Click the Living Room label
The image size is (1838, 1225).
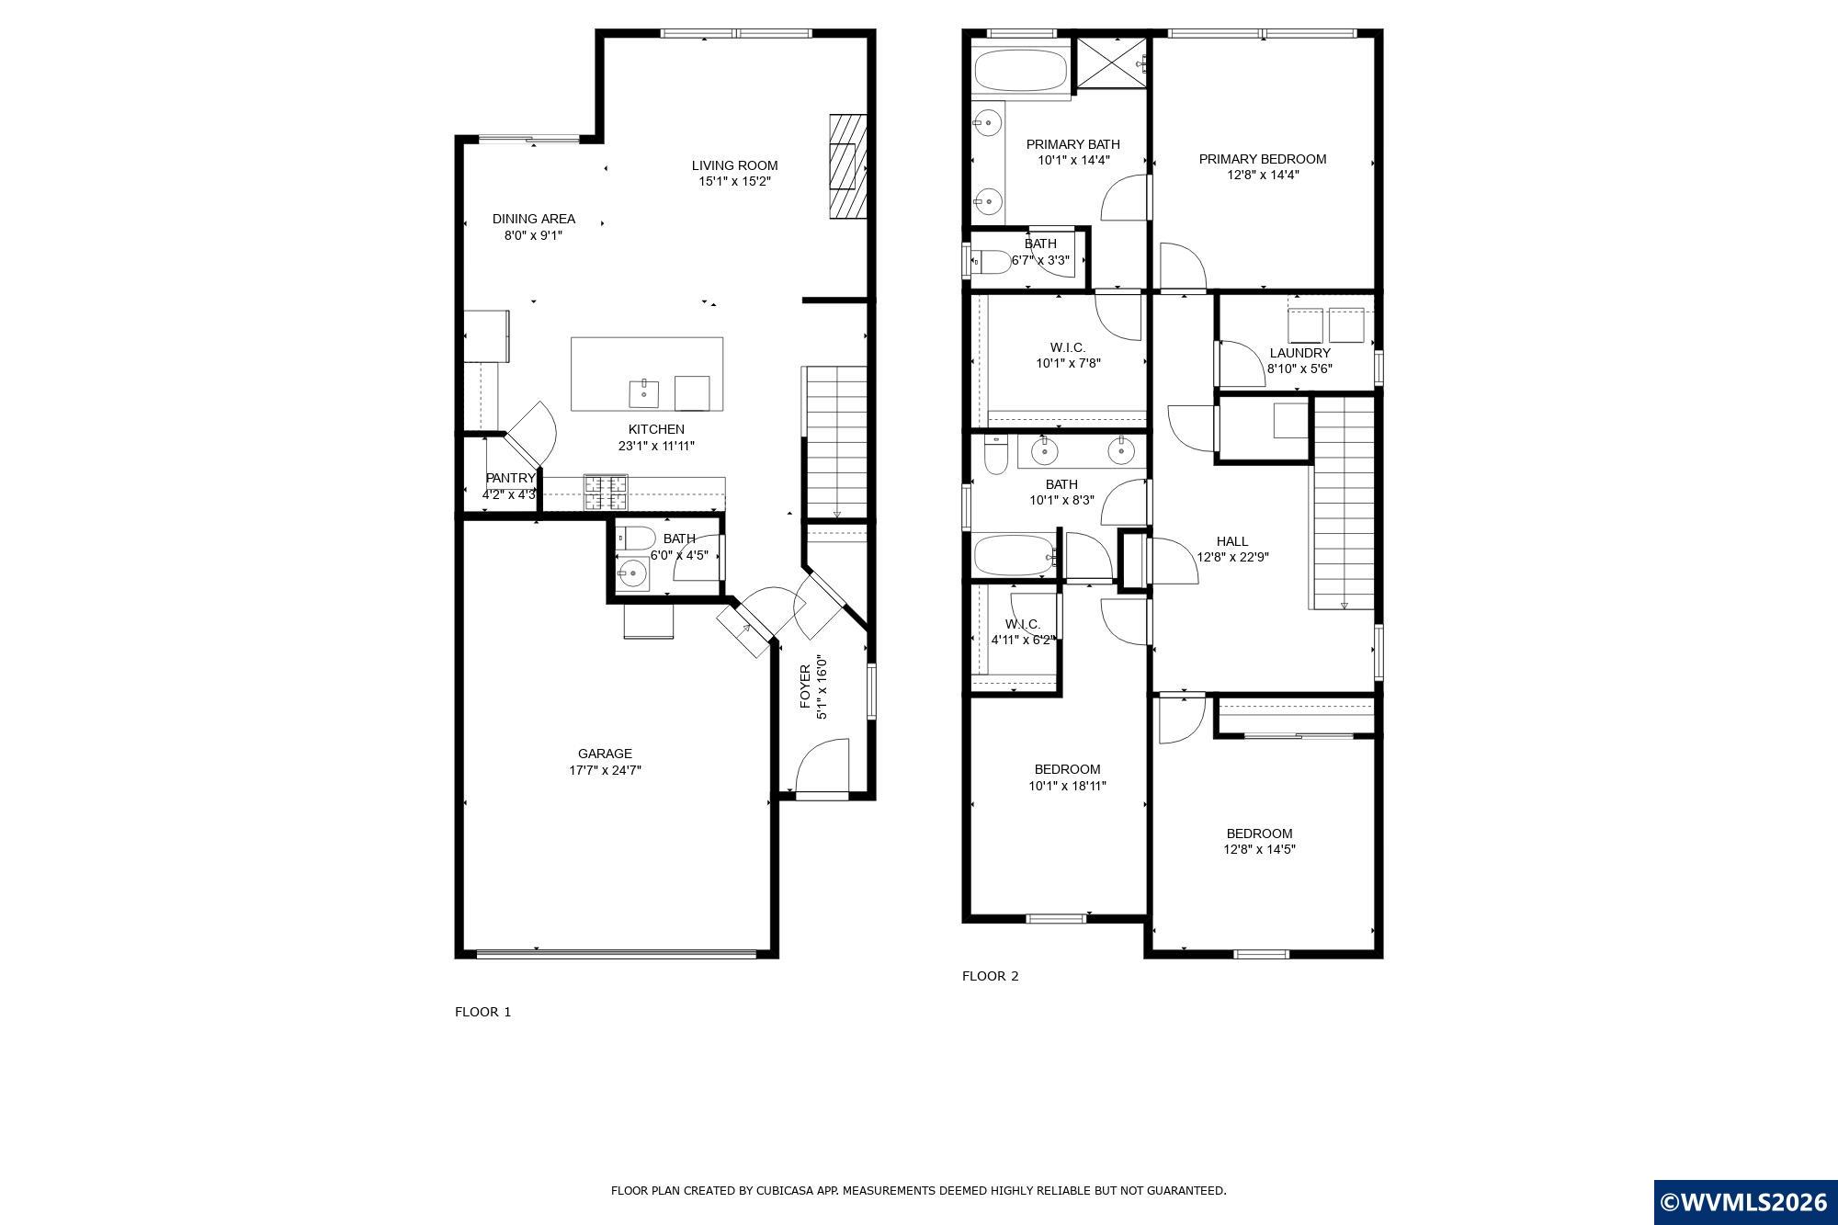(734, 165)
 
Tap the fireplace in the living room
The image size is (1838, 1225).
(848, 166)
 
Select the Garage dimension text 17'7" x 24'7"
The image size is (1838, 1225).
(605, 770)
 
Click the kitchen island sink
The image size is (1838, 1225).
(644, 392)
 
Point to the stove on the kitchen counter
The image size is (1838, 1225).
(606, 493)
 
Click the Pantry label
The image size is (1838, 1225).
(509, 478)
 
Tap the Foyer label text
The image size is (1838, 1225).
(805, 686)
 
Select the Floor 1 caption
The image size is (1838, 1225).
(482, 1012)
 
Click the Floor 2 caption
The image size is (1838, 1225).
(990, 976)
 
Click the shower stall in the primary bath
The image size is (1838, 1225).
(1112, 62)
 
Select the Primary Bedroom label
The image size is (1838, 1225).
(1262, 159)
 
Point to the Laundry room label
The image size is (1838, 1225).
(1299, 353)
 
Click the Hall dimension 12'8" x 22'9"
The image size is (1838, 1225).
(1232, 557)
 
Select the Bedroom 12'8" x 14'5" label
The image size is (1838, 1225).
(1258, 834)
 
